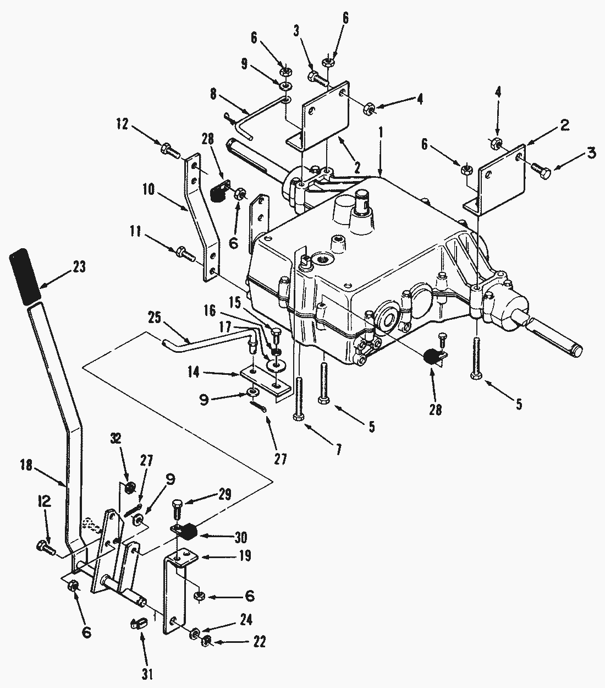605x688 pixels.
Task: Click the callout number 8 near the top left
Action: coord(213,93)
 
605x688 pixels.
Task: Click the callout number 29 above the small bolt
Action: coord(225,493)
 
